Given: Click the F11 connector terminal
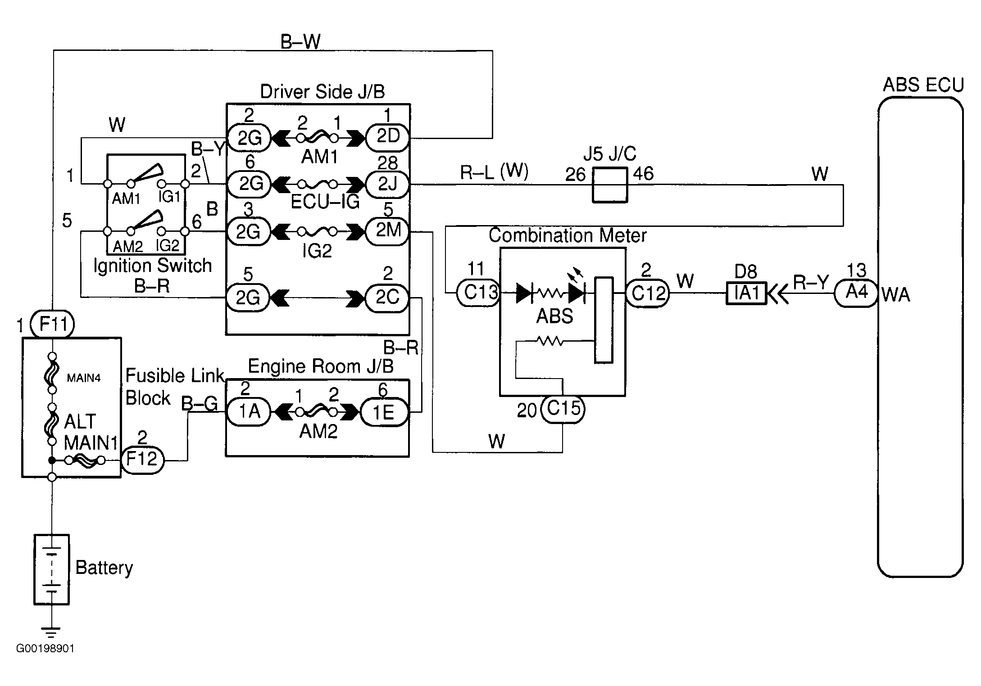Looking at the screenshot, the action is (52, 324).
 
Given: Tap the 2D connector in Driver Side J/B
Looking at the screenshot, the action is (387, 137).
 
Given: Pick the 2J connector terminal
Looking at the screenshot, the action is (387, 184).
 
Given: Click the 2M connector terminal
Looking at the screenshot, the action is (387, 231).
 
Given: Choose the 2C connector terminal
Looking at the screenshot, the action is (387, 298).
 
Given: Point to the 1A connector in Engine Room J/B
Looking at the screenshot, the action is (249, 412).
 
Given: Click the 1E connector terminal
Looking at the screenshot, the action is (385, 412).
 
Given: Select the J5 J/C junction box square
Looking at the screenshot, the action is (609, 185).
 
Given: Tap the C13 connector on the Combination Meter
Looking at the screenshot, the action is (478, 293).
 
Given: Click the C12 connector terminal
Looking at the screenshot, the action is (648, 293).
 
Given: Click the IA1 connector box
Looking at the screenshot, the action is (746, 293).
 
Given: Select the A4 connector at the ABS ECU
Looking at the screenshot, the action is (856, 293).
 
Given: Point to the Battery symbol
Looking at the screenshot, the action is (52, 569).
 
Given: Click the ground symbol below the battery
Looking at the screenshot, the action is (51, 632).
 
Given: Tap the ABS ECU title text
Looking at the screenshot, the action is (923, 85).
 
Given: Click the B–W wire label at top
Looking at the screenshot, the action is (300, 42).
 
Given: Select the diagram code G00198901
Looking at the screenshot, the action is (45, 648).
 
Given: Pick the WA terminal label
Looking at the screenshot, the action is (896, 295).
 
